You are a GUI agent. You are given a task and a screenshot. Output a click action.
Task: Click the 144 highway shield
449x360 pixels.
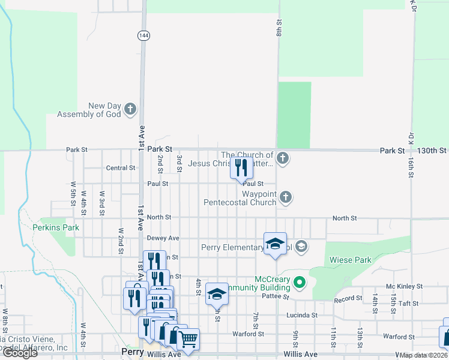tap(143, 35)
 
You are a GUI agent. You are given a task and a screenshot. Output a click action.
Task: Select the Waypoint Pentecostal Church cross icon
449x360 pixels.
tap(286, 197)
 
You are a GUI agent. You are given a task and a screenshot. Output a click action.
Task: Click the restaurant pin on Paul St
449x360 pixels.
tap(241, 169)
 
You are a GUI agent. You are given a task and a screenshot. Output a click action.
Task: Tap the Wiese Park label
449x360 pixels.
tap(351, 260)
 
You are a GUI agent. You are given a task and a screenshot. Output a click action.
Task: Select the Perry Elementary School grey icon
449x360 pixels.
tap(301, 246)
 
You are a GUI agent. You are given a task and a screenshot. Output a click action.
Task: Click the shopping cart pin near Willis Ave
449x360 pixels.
tap(188, 339)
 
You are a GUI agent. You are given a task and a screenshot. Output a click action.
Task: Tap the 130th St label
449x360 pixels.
tap(434, 151)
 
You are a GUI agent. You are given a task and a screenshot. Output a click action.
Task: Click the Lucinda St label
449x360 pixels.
tap(303, 314)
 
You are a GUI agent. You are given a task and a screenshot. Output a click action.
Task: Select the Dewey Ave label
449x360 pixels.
tap(163, 238)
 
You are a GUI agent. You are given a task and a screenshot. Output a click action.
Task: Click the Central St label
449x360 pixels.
tap(120, 168)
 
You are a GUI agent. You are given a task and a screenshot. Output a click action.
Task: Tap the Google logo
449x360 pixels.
tap(20, 353)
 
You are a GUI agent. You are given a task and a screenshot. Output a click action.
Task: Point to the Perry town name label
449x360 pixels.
tap(132, 352)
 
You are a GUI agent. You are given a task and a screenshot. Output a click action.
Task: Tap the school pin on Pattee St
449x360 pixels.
tap(217, 294)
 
